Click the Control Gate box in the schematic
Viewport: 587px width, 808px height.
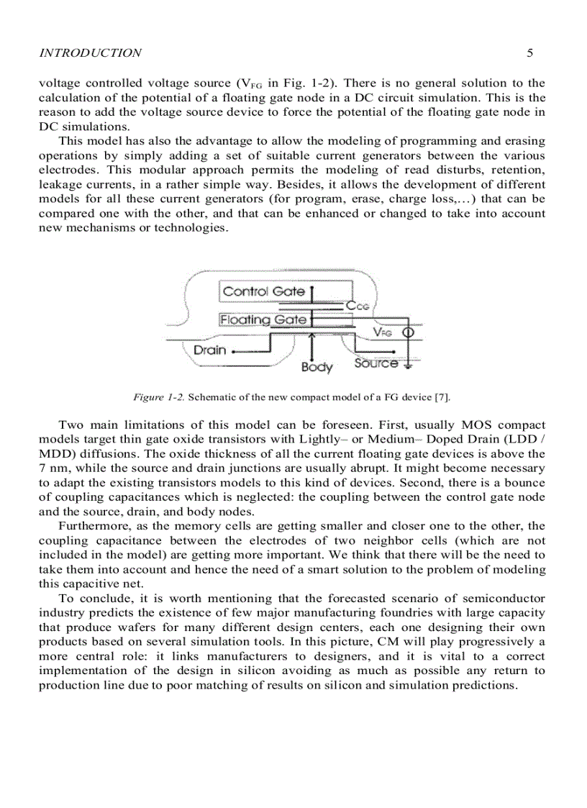(264, 291)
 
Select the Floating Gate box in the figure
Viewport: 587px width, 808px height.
(263, 319)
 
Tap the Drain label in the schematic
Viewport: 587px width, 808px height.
(209, 350)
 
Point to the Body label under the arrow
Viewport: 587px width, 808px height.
(317, 368)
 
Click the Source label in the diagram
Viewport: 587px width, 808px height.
(376, 363)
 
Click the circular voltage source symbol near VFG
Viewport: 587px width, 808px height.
(407, 332)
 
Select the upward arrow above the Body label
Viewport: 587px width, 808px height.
(311, 344)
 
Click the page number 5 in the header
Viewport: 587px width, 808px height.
(529, 53)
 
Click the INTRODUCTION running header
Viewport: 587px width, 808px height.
(90, 53)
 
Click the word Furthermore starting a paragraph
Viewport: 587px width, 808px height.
(92, 526)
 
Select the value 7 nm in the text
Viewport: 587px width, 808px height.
(53, 468)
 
